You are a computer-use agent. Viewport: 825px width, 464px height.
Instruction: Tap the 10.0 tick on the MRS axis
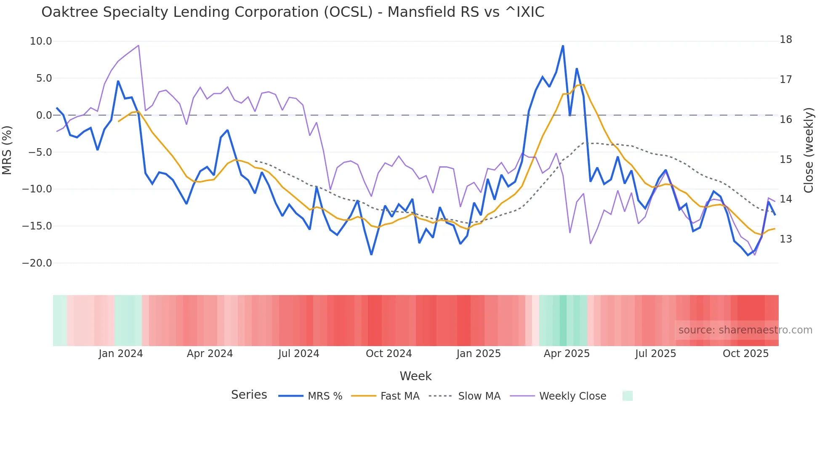click(41, 41)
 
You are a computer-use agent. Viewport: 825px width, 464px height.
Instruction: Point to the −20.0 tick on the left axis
click(37, 263)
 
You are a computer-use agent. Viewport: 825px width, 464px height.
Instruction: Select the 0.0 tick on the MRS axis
click(44, 115)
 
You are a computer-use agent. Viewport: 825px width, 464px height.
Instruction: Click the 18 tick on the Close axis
click(785, 40)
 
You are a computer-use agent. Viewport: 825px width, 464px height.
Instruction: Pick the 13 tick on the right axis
click(785, 239)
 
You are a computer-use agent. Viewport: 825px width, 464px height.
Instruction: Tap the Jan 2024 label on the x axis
click(121, 354)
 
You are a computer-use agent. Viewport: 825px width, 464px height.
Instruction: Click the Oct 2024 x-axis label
click(389, 354)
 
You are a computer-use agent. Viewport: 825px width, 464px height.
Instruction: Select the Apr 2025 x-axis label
click(567, 354)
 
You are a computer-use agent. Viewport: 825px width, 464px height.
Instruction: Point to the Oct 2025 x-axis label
click(745, 354)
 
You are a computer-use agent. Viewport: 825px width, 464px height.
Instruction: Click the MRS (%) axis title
click(7, 150)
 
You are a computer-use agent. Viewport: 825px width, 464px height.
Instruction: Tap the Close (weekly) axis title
click(808, 150)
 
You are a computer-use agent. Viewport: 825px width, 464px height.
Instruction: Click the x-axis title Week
click(415, 376)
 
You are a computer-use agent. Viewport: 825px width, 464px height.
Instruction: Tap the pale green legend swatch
click(627, 396)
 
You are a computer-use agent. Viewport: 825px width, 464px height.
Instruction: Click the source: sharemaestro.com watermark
click(745, 330)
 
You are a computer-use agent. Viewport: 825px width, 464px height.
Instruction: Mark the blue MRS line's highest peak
click(563, 46)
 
